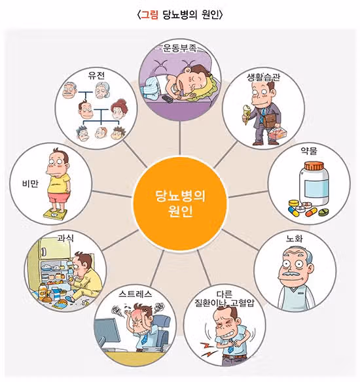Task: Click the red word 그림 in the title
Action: pyautogui.click(x=150, y=15)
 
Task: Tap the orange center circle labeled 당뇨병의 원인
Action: pyautogui.click(x=180, y=203)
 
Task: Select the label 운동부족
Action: pyautogui.click(x=180, y=48)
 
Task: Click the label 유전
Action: pyautogui.click(x=96, y=76)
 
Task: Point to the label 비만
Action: pyautogui.click(x=30, y=183)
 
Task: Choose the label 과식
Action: pyautogui.click(x=65, y=237)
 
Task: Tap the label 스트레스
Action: pyautogui.click(x=135, y=294)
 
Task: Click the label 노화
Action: pyautogui.click(x=294, y=238)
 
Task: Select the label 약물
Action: pyautogui.click(x=309, y=151)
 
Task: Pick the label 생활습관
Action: pyautogui.click(x=263, y=77)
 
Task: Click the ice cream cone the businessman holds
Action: pyautogui.click(x=247, y=114)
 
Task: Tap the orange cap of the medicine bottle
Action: pyautogui.click(x=314, y=166)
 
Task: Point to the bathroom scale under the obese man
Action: pyautogui.click(x=55, y=213)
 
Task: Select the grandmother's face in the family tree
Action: pyautogui.click(x=102, y=90)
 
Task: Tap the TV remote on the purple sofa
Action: pyautogui.click(x=168, y=99)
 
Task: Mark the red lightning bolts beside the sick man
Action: pyautogui.click(x=207, y=349)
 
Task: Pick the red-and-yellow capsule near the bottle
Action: pyautogui.click(x=311, y=212)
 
